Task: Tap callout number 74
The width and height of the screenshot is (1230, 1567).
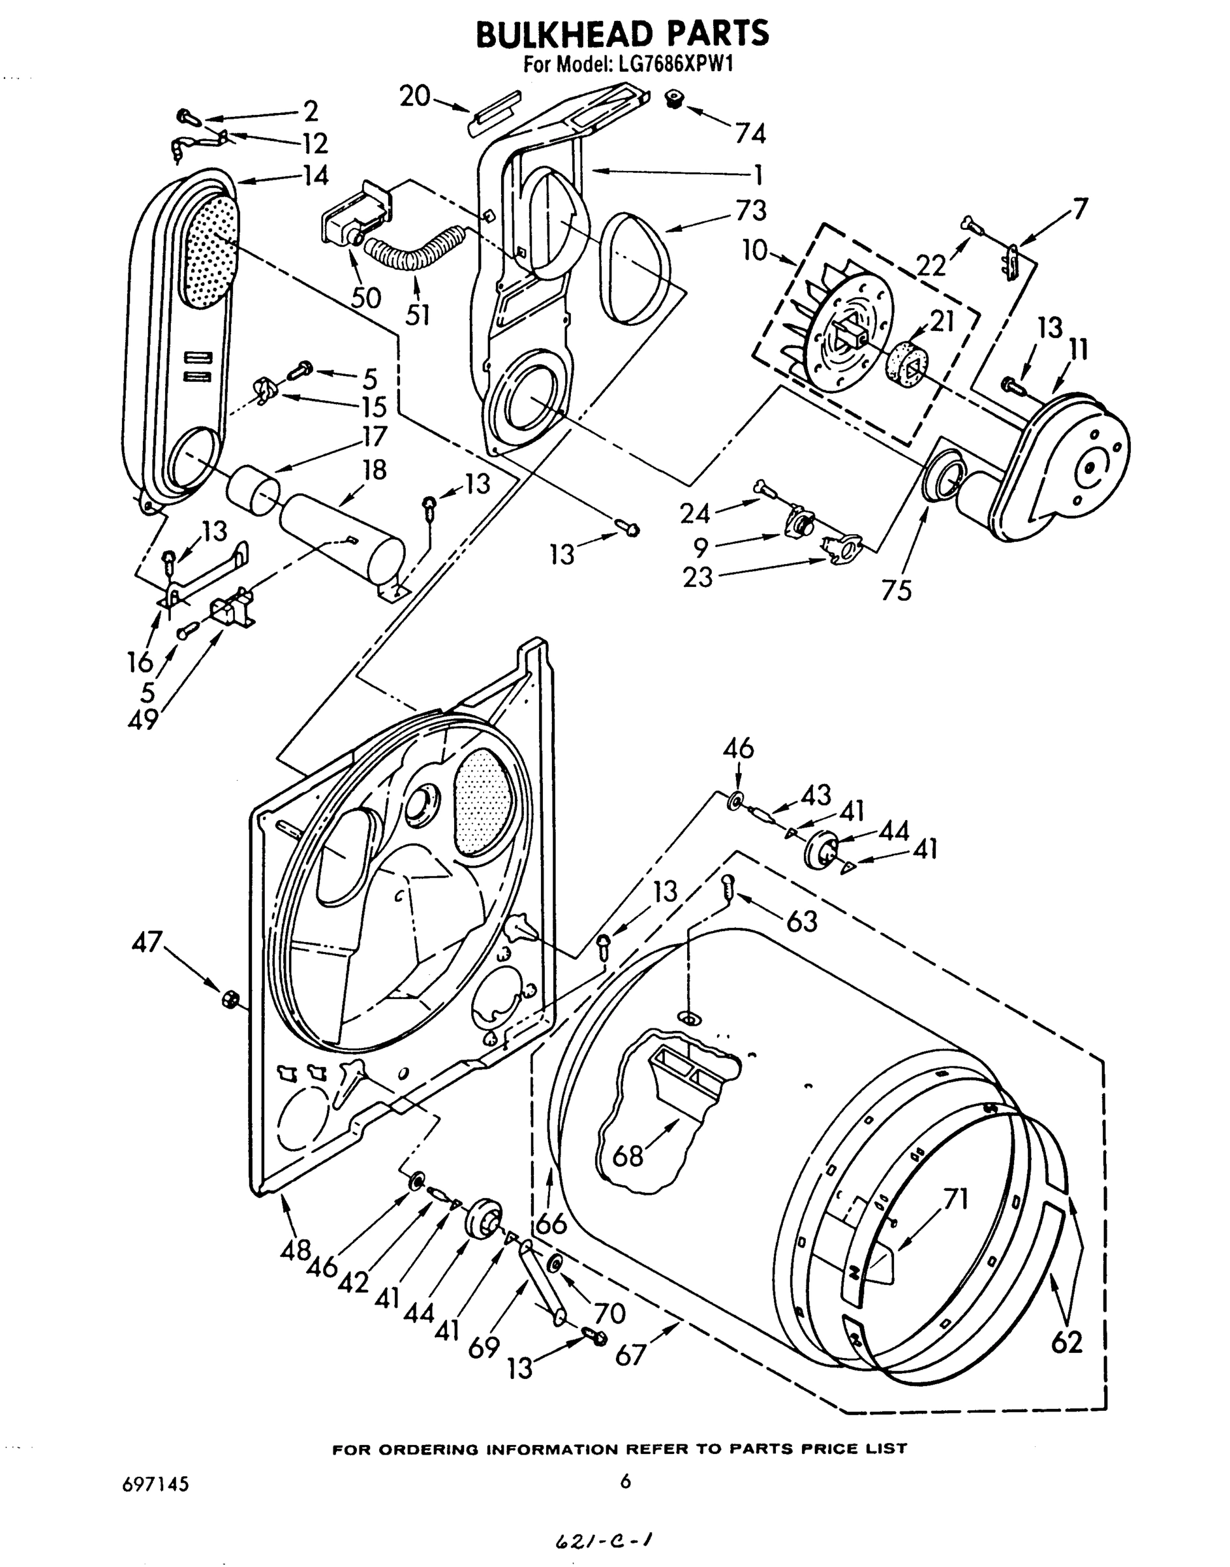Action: pyautogui.click(x=750, y=134)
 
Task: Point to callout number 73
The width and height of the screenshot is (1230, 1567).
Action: pyautogui.click(x=750, y=210)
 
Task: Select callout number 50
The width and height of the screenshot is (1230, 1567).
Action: pyautogui.click(x=366, y=297)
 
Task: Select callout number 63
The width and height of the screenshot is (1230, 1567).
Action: pyautogui.click(x=801, y=921)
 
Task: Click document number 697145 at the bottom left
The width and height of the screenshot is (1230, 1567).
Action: pyautogui.click(x=155, y=1484)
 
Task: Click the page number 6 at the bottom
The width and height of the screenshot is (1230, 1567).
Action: pyautogui.click(x=624, y=1481)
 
